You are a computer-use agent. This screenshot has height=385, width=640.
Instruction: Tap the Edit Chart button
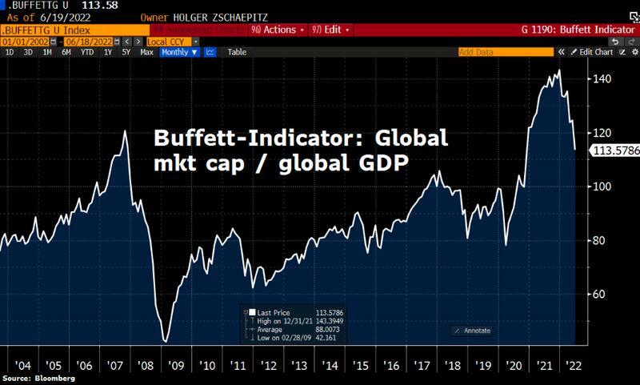point(596,52)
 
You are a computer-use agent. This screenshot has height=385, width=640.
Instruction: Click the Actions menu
point(278,30)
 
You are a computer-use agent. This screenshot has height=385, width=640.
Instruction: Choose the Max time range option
point(146,52)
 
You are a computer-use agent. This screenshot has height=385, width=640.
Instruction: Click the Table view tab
point(237,52)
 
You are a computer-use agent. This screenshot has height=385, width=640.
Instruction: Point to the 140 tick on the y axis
point(602,78)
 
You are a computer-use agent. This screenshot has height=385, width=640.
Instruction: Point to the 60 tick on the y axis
point(600,294)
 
